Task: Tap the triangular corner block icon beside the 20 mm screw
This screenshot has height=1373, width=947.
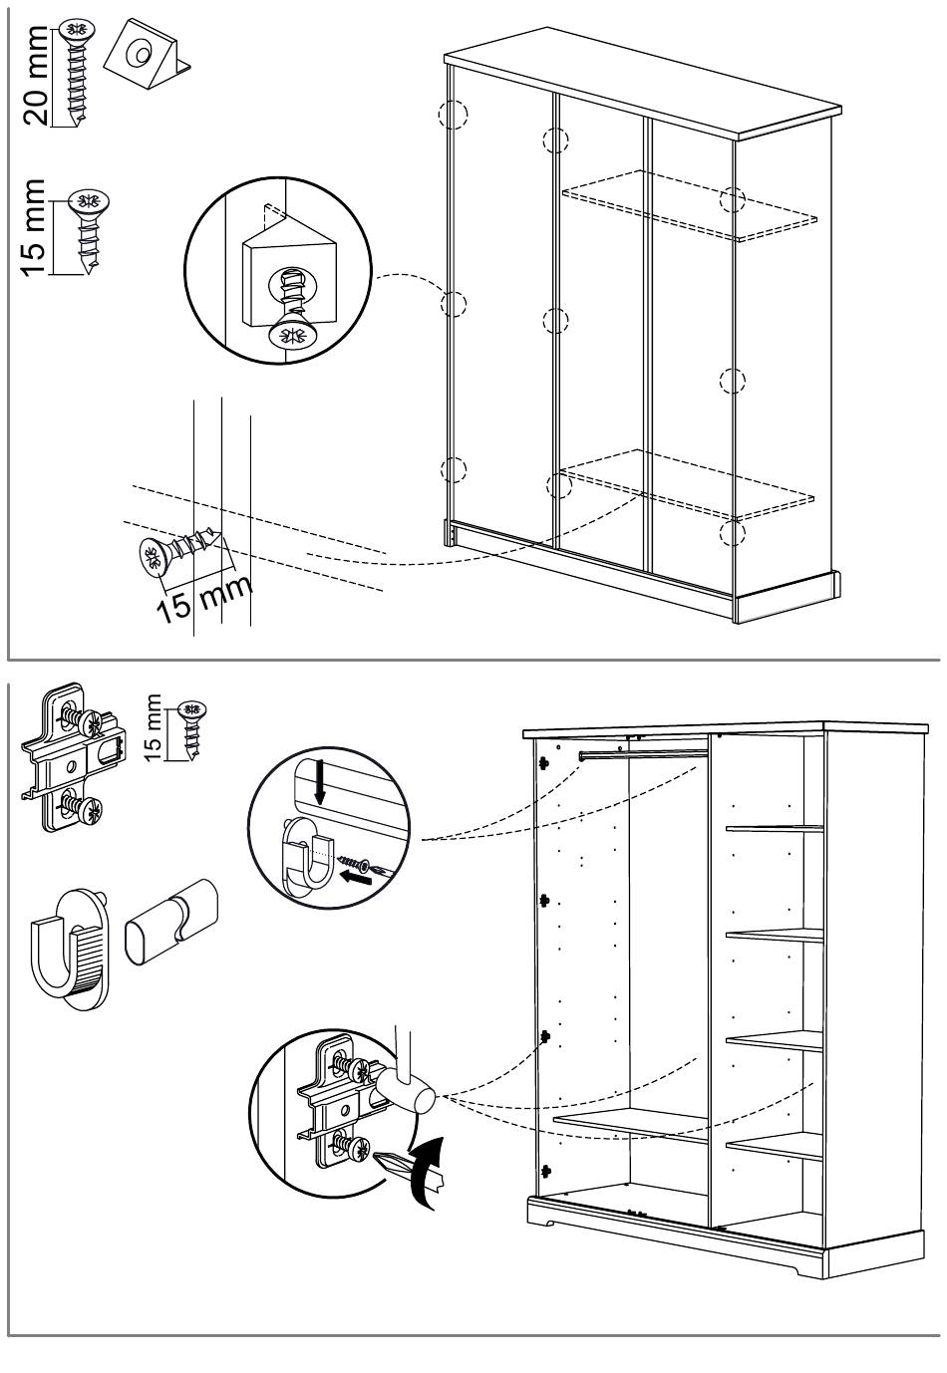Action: pyautogui.click(x=146, y=51)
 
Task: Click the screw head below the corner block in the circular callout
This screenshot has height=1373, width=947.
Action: pyautogui.click(x=292, y=334)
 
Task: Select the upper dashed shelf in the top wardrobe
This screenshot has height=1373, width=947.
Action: pyautogui.click(x=688, y=204)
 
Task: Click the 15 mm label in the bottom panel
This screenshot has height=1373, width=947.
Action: pyautogui.click(x=154, y=728)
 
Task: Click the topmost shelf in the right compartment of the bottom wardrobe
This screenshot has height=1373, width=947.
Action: pyautogui.click(x=774, y=828)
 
